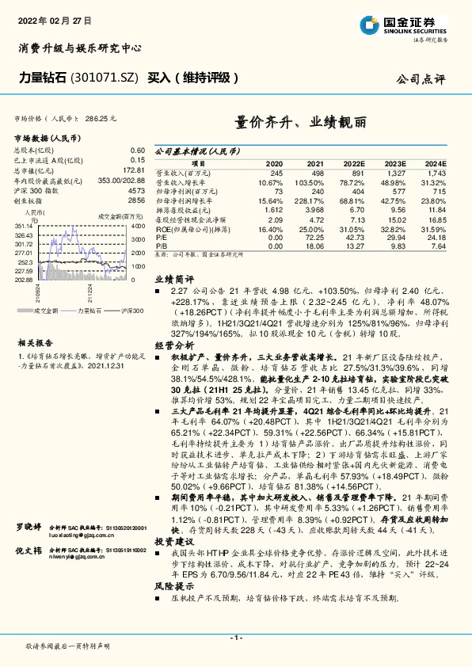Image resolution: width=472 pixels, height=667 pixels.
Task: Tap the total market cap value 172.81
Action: [134, 170]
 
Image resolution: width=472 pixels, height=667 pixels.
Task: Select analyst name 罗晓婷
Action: [29, 547]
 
